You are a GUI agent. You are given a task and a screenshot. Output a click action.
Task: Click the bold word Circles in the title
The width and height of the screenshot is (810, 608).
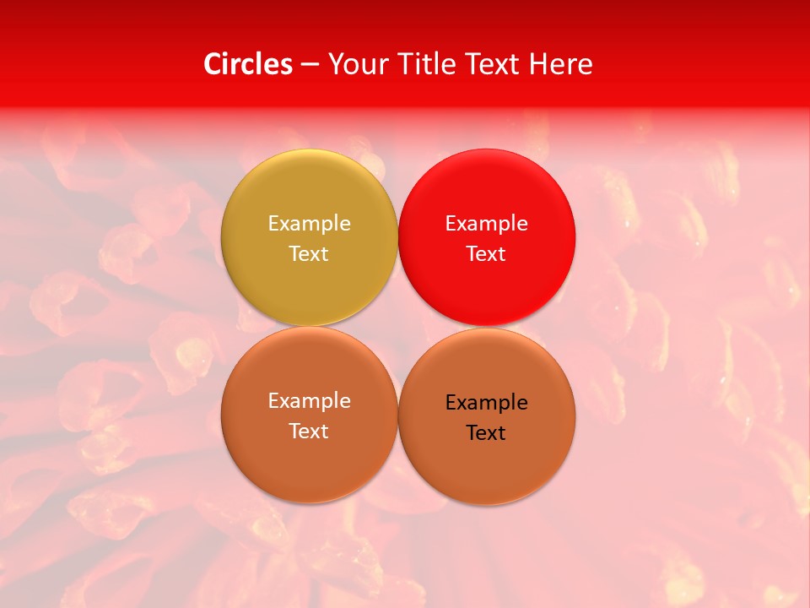click(x=248, y=64)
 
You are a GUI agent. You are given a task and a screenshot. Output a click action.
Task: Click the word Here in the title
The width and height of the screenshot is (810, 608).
click(x=561, y=64)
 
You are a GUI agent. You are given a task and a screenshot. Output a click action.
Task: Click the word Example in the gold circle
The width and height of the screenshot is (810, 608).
click(x=309, y=224)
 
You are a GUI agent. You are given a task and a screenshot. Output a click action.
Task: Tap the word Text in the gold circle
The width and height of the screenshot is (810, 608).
click(x=309, y=254)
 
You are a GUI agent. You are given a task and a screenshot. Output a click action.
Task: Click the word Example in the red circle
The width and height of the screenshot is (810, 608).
click(x=486, y=224)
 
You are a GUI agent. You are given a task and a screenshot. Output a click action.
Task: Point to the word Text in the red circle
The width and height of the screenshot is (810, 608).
click(x=486, y=254)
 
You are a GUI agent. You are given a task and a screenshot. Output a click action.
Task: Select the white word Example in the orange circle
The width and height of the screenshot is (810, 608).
click(x=309, y=401)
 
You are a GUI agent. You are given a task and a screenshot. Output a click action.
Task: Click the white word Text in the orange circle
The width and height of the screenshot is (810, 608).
click(x=309, y=432)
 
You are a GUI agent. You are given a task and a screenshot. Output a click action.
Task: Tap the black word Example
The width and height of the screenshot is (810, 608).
click(x=486, y=403)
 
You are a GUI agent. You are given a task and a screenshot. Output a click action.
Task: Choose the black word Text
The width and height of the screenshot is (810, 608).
click(x=486, y=433)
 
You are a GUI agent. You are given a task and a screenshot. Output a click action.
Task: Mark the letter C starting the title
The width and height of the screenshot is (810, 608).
click(x=213, y=64)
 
